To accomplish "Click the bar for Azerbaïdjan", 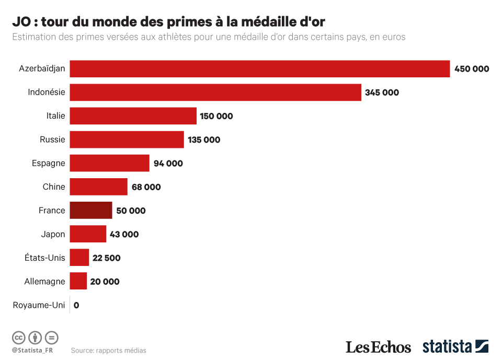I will coord(259,69).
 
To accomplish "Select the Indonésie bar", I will coord(215,92).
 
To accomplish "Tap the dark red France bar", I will coord(91,211).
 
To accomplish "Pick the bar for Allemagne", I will coord(78,281).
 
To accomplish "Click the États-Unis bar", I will coord(79,258).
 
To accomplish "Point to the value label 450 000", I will coord(472,69).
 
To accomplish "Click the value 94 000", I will coord(168,164).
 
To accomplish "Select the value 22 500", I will coord(107,258).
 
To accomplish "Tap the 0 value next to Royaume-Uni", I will coord(76,305).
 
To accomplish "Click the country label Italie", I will coord(55,116).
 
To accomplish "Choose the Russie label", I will coord(52,140).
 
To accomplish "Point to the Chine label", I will coord(54,187).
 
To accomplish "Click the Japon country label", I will coord(53,234).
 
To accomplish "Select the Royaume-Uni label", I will coord(39,305).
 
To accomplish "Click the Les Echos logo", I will coord(378,347).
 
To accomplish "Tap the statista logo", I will coord(455,346).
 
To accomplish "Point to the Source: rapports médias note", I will coord(109,350).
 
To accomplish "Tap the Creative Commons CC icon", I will coord(18,337).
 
